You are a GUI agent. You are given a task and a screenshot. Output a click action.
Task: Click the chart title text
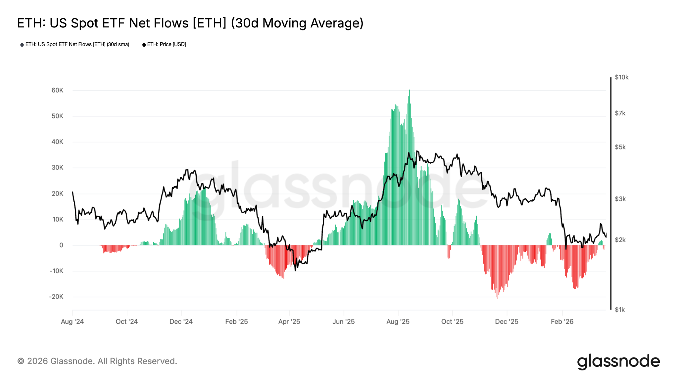[x=190, y=23]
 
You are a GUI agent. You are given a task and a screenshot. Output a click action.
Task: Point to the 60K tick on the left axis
[x=57, y=90]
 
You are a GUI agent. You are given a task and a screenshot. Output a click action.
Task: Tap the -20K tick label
[x=56, y=297]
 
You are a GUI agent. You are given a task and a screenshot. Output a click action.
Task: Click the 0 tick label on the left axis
[x=61, y=245]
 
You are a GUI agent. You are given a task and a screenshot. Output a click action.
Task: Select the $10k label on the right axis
[x=621, y=77]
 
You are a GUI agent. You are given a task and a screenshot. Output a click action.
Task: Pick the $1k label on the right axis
[x=620, y=310]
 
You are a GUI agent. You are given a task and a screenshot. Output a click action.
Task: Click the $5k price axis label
[x=620, y=147]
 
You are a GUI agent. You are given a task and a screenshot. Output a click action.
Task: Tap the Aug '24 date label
[x=73, y=321]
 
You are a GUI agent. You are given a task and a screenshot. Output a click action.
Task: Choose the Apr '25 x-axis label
[x=289, y=321]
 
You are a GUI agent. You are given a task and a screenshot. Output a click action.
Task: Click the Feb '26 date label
[x=562, y=321]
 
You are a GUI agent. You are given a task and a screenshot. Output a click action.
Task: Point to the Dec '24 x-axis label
[x=181, y=321]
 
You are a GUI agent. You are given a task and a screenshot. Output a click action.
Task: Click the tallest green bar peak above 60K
[x=410, y=91]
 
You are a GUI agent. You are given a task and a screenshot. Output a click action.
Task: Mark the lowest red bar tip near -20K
[x=498, y=298]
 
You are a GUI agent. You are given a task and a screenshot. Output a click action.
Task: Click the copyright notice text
[x=97, y=361]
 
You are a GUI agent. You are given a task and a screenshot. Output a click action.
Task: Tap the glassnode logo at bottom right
[x=618, y=361]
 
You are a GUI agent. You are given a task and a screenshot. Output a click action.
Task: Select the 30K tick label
[x=57, y=168]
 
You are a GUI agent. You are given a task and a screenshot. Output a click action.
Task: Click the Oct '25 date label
[x=452, y=321]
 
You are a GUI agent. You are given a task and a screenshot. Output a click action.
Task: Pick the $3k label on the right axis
[x=620, y=199]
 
